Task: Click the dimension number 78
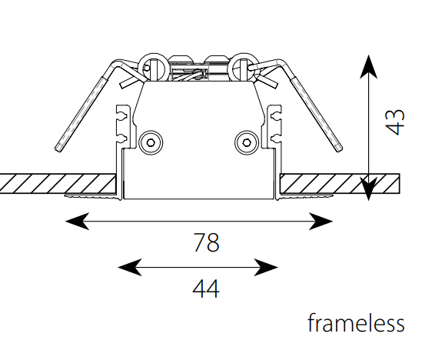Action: tap(207, 242)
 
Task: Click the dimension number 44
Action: tap(206, 288)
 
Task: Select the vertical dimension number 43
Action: tap(395, 122)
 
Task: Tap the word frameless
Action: tap(356, 322)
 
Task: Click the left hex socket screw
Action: tap(151, 142)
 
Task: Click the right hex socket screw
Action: tap(247, 142)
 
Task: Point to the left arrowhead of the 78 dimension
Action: tap(77, 221)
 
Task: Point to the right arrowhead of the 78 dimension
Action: tap(321, 221)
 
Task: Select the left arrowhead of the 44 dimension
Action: tap(130, 268)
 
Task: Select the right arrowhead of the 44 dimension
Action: tap(266, 268)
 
